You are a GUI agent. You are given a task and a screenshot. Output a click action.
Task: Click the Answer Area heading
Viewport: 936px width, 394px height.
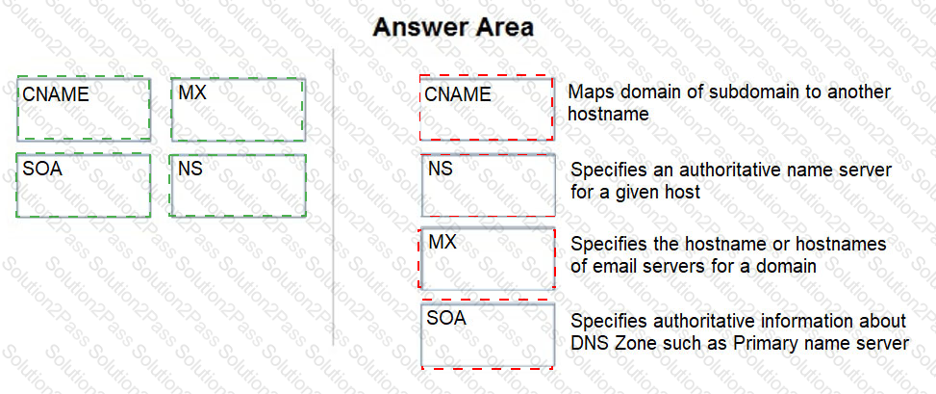[453, 28]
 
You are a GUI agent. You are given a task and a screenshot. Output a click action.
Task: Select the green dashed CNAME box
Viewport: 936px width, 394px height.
[84, 108]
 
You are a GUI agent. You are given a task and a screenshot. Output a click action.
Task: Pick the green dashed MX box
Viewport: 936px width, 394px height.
[239, 110]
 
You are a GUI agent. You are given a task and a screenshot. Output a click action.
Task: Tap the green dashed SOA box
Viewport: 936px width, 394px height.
[84, 185]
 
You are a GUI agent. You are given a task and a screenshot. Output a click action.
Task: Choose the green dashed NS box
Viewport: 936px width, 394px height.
[238, 185]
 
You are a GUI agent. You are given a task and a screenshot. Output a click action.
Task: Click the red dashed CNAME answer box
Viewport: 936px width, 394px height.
[487, 108]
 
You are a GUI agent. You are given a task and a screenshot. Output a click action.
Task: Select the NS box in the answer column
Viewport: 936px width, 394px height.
[489, 185]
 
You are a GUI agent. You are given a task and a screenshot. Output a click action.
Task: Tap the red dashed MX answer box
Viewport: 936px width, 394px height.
[488, 258]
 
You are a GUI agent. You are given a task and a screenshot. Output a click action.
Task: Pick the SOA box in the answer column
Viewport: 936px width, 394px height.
[489, 335]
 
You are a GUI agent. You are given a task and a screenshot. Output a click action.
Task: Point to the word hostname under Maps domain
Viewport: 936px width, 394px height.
[608, 114]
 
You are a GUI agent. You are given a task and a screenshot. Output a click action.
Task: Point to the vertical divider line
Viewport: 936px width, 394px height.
[333, 197]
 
